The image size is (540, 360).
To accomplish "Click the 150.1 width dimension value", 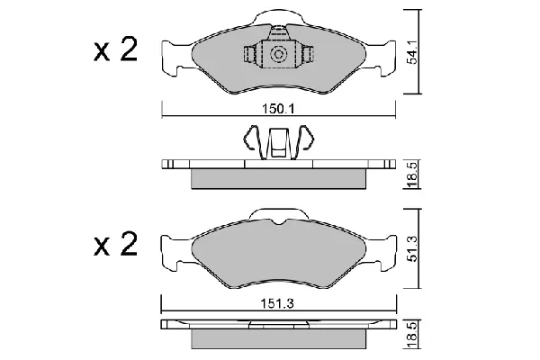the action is [x=279, y=109].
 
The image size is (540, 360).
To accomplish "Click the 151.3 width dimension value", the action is [x=276, y=304].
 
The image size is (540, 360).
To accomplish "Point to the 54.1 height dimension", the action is [x=412, y=51].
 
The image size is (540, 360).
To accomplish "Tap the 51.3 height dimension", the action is [x=412, y=248].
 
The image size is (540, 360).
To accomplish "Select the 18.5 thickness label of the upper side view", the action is [x=412, y=175].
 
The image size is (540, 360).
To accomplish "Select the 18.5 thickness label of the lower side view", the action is [x=412, y=334].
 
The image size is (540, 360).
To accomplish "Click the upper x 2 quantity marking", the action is [x=116, y=50].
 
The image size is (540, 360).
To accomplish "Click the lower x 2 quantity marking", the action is [x=116, y=244].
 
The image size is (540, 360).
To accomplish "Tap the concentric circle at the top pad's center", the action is [x=278, y=54].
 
